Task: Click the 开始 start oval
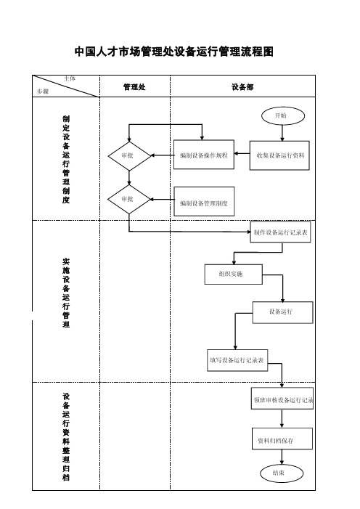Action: [x=283, y=116]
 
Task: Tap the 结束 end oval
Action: [x=282, y=473]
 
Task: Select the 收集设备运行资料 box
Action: [x=279, y=155]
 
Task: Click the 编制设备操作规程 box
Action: [x=204, y=155]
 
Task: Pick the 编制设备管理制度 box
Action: [x=204, y=201]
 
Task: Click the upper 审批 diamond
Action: [x=129, y=156]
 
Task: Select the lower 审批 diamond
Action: [x=129, y=199]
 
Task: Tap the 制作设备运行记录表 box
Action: [x=280, y=232]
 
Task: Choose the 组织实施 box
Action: [x=234, y=274]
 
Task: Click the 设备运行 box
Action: [x=283, y=312]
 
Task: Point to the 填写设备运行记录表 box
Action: [x=237, y=360]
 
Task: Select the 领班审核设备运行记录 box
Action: [x=282, y=399]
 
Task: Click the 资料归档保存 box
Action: [x=282, y=439]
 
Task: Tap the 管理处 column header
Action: [x=134, y=87]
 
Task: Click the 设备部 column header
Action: [x=242, y=87]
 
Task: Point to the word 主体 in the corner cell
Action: [x=70, y=78]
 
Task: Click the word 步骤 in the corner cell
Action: [x=43, y=91]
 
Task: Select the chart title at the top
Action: [x=174, y=52]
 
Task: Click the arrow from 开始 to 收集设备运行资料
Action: [x=282, y=133]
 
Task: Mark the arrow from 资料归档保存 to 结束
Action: [x=282, y=457]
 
